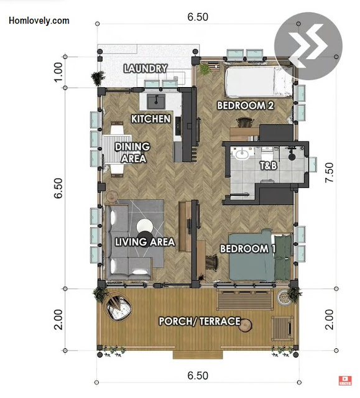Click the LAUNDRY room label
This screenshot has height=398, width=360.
[145, 68]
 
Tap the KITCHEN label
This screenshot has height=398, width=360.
[150, 119]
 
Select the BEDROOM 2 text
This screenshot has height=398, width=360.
[246, 105]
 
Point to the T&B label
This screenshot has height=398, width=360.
[268, 166]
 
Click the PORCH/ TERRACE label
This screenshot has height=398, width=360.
[200, 321]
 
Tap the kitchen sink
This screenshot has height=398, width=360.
[156, 101]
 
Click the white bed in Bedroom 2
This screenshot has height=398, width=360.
[259, 81]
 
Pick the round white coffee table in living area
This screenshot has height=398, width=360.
[145, 226]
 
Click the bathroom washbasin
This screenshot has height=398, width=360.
[242, 154]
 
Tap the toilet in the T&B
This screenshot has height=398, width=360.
[267, 154]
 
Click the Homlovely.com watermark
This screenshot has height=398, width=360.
[39, 21]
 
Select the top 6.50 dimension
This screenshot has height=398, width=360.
[198, 17]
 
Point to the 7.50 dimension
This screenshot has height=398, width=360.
[329, 172]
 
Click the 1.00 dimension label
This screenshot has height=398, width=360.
[58, 72]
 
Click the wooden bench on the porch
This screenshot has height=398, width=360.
[245, 300]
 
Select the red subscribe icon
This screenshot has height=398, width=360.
[345, 381]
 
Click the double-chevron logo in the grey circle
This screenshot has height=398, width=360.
[308, 46]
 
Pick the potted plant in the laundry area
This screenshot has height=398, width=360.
[98, 78]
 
